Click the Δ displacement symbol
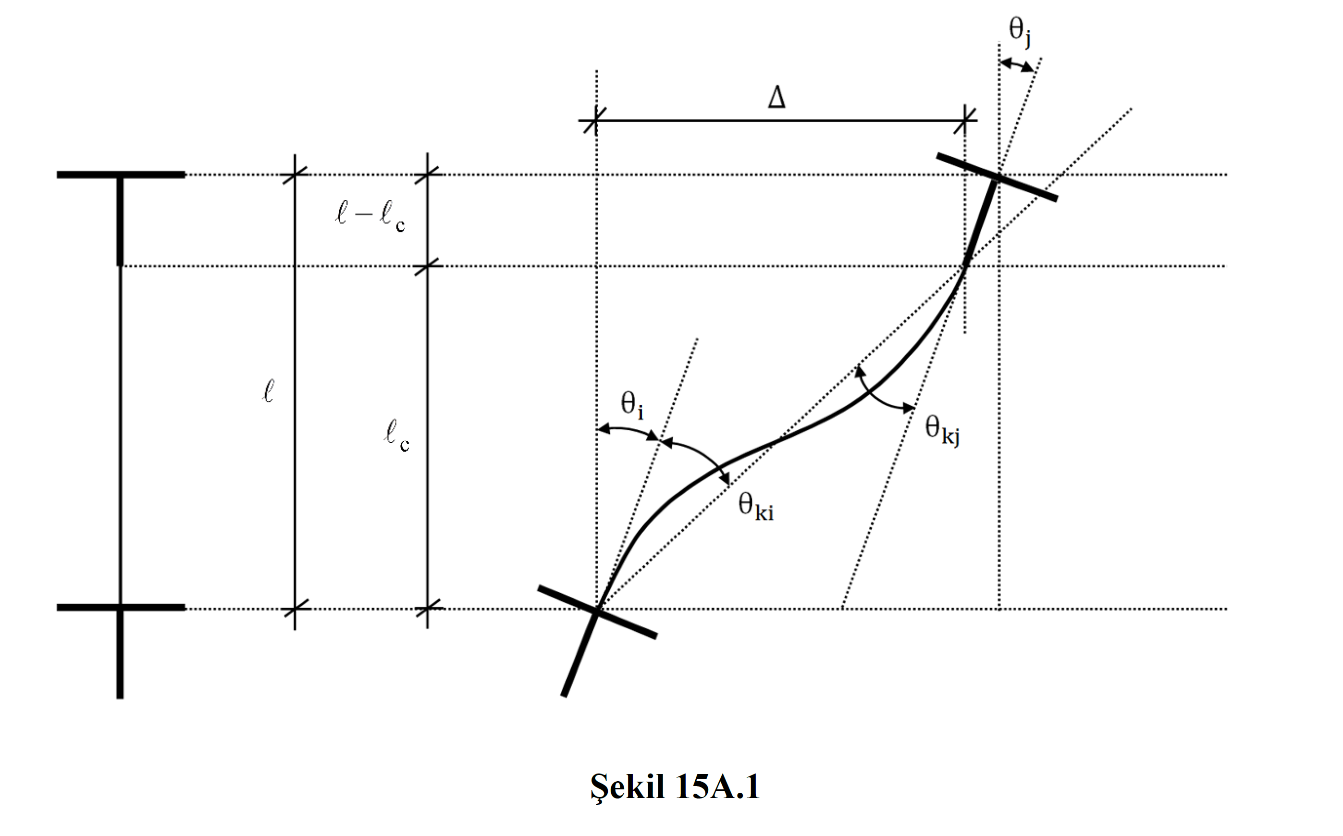click(776, 98)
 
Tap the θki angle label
click(755, 507)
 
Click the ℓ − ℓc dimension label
click(370, 216)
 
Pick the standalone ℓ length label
click(268, 391)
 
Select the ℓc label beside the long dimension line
click(396, 435)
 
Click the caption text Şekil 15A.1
click(675, 786)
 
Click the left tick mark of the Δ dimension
click(596, 120)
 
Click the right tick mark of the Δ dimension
click(965, 120)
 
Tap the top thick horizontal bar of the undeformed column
click(121, 175)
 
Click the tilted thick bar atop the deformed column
click(997, 177)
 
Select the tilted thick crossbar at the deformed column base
click(597, 612)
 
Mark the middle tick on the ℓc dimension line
click(427, 266)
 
